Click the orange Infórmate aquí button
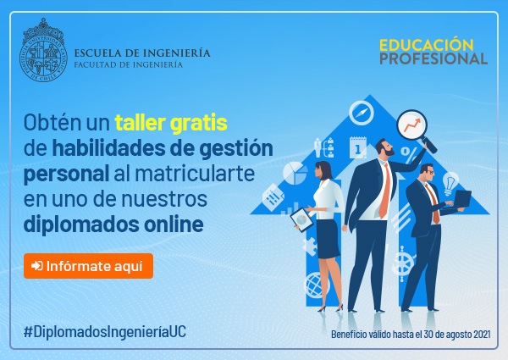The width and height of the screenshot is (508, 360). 88,266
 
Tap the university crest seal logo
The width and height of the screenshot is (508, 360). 43,50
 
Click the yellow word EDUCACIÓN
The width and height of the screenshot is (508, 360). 427,44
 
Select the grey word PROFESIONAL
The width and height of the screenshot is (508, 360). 433,58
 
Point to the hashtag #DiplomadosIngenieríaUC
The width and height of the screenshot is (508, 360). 105,331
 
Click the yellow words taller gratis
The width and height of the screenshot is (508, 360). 171,123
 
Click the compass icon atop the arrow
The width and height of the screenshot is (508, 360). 362,113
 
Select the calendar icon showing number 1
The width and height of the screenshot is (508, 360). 358,147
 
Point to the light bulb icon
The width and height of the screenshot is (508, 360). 450,183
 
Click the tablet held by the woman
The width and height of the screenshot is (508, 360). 301,219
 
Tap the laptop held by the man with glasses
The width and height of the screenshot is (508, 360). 462,199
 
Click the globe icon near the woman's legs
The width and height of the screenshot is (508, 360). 316,285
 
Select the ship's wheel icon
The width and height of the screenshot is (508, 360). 402,263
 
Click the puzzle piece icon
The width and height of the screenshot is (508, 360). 310,246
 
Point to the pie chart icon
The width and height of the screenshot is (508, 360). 294,173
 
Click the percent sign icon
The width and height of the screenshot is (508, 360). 409,155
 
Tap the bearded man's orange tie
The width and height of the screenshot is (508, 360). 384,191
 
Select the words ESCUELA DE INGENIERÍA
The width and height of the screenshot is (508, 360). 142,53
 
